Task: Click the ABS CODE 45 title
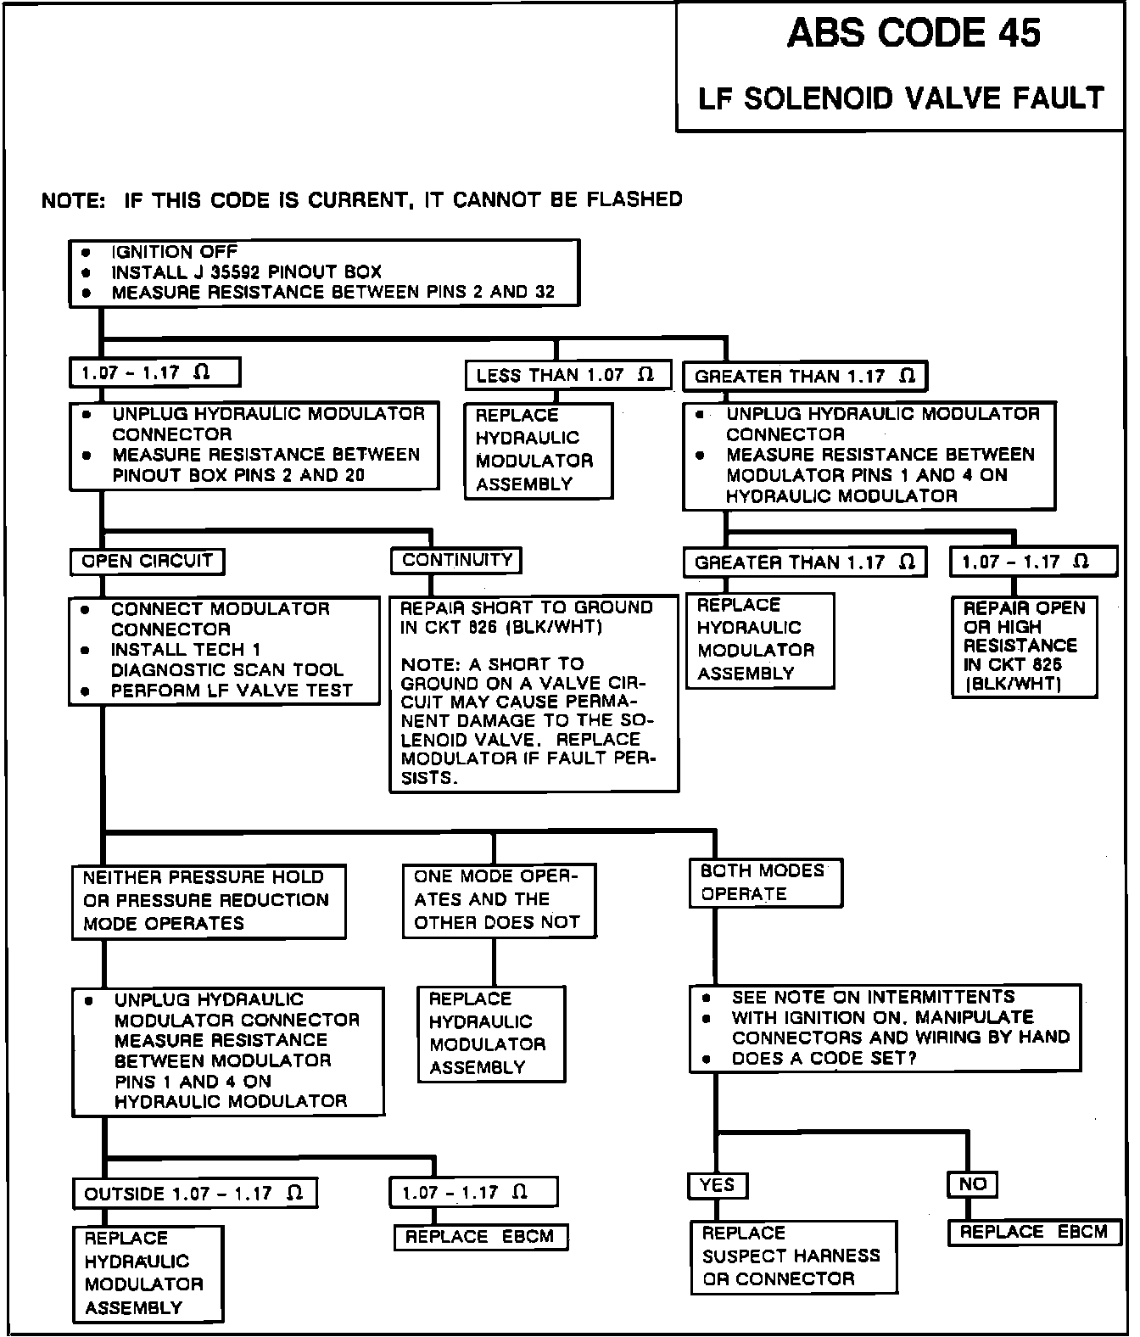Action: coord(914,34)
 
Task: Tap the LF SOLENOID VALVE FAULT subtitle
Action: coord(901,98)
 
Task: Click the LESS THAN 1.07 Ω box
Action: coord(567,375)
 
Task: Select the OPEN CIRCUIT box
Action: coord(147,561)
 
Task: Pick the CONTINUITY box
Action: coord(456,560)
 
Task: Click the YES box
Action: coord(717,1185)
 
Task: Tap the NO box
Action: coord(972,1184)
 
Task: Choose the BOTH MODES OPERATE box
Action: coord(766,882)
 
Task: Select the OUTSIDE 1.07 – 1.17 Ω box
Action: coord(194,1194)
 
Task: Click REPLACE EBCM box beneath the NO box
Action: coord(1034,1232)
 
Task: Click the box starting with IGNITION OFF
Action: coord(324,272)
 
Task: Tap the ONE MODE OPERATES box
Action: coord(499,899)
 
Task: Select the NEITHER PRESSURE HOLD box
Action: coord(209,900)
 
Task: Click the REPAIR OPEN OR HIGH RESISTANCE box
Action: coord(1024,646)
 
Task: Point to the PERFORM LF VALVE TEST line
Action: coord(231,691)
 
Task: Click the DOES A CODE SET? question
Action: coord(823,1059)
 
